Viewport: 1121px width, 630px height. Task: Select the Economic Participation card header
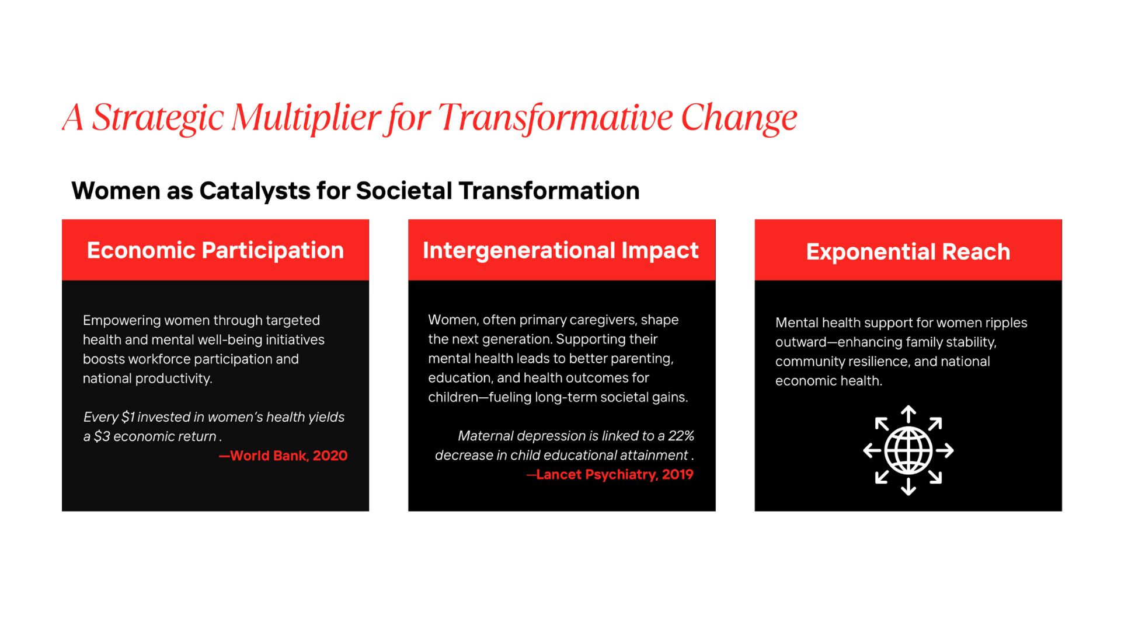point(215,250)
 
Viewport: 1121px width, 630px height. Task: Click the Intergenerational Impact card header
point(562,250)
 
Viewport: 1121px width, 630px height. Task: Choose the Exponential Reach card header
point(908,250)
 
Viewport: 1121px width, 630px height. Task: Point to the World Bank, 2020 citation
point(283,456)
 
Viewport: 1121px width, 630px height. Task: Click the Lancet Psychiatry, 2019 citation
point(610,474)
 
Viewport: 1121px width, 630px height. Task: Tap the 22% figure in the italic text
point(681,436)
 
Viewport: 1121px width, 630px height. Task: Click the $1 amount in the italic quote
point(128,417)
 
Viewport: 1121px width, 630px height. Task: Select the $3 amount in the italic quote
point(102,436)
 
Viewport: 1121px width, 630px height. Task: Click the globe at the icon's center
point(908,450)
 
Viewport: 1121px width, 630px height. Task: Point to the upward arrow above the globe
point(908,414)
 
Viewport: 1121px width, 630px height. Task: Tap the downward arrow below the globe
point(908,487)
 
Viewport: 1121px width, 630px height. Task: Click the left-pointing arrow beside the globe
point(872,450)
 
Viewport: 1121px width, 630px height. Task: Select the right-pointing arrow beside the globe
point(945,450)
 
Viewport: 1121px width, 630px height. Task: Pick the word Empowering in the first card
point(121,321)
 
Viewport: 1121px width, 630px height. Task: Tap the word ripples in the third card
point(1006,323)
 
